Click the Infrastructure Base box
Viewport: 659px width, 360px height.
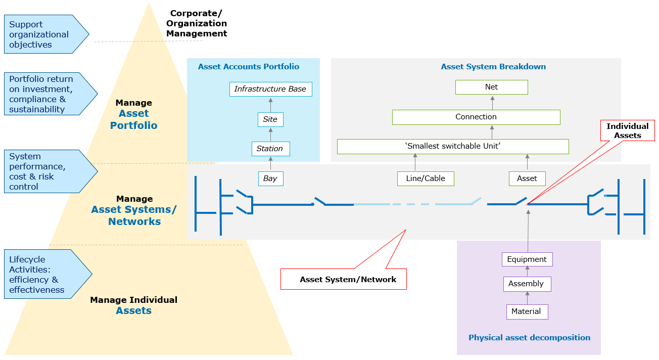[270, 89]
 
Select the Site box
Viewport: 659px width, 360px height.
[270, 119]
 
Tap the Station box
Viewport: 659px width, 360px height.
[270, 149]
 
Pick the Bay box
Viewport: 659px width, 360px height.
[270, 178]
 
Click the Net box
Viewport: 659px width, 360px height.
[491, 87]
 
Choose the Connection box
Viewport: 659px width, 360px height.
[476, 117]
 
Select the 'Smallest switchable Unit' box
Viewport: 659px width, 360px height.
[452, 147]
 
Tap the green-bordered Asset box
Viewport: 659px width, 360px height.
[527, 178]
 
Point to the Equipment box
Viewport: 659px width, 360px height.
[527, 259]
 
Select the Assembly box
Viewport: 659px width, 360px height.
[527, 284]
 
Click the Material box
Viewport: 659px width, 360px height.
[527, 311]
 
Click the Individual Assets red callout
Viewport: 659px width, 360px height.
[627, 130]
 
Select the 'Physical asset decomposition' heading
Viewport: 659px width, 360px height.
[529, 338]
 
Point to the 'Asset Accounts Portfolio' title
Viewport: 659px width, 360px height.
[249, 67]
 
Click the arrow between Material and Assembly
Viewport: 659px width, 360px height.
[527, 298]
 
